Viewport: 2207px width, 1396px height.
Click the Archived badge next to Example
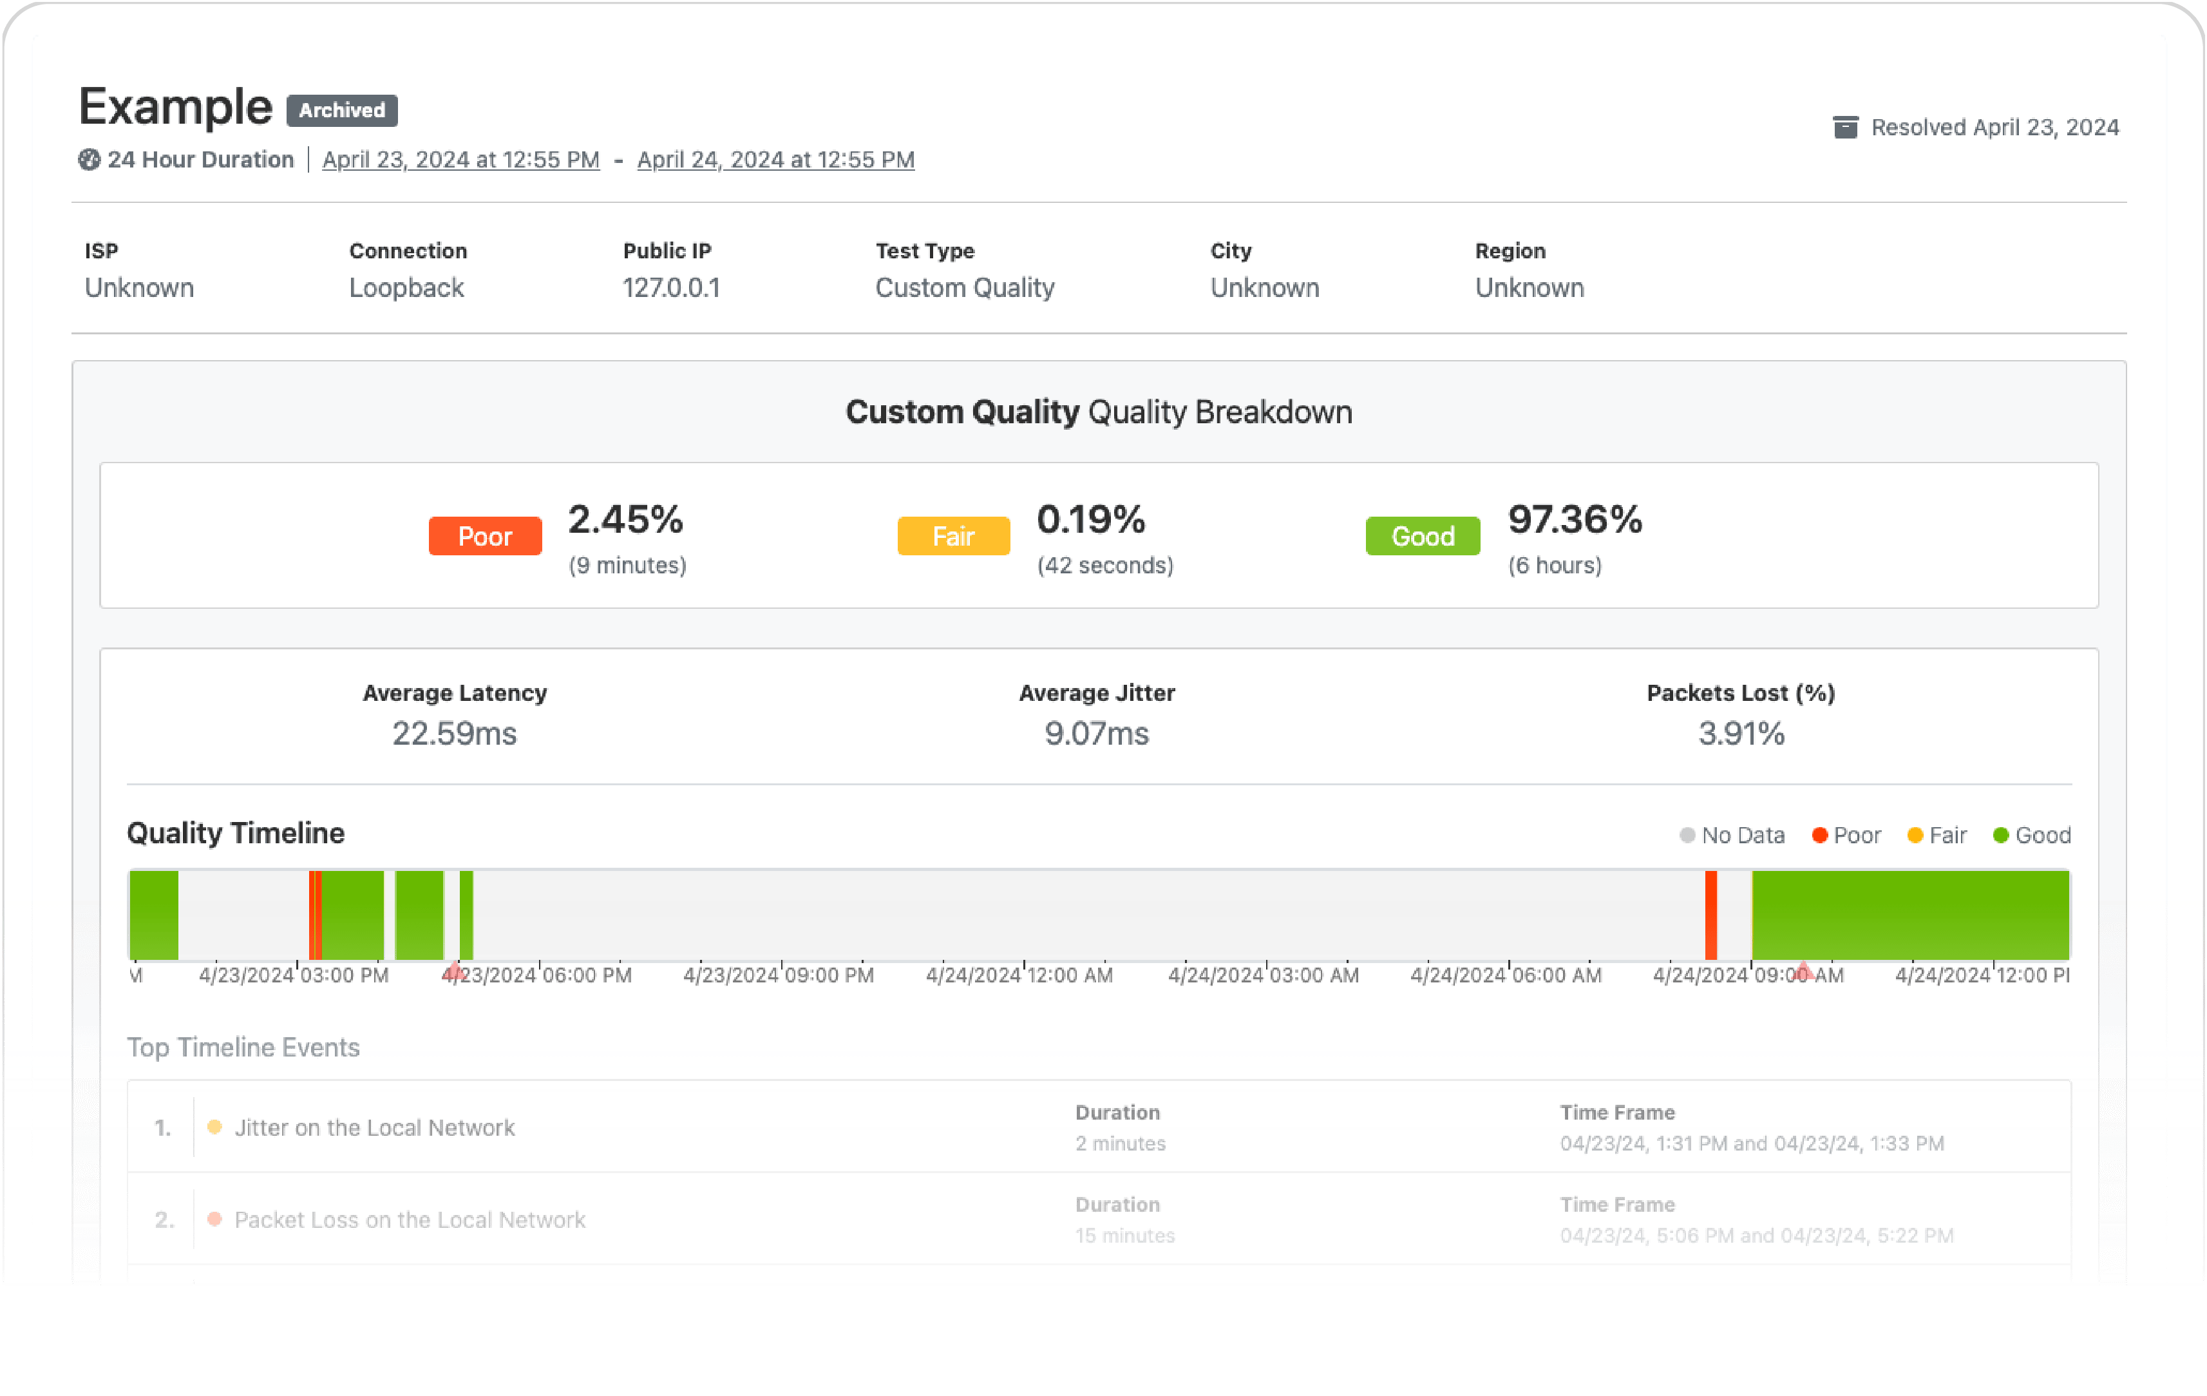tap(342, 110)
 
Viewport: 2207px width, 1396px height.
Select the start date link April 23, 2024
tap(461, 160)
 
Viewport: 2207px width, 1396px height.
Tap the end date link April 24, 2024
tap(775, 160)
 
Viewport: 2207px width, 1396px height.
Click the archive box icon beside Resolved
tap(1845, 128)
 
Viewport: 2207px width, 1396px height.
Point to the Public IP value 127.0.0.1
tap(671, 288)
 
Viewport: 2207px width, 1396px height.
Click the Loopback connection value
tap(406, 288)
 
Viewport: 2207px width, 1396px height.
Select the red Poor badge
tap(485, 536)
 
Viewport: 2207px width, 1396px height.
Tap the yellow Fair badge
tap(953, 536)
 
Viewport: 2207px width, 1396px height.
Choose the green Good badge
tap(1423, 536)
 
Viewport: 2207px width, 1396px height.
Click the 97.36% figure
tap(1575, 520)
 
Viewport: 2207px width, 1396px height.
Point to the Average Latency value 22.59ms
tap(455, 733)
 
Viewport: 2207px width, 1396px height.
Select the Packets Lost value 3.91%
tap(1741, 733)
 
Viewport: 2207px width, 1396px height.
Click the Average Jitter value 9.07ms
tap(1096, 733)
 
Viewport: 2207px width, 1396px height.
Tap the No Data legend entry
tap(1732, 835)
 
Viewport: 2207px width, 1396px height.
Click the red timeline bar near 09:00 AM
tap(1710, 915)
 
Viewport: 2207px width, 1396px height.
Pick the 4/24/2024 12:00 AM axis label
tap(1019, 975)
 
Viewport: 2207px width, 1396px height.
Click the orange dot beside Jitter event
tap(214, 1127)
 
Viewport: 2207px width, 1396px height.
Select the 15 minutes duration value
tap(1124, 1236)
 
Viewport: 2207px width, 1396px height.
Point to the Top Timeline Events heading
tap(243, 1047)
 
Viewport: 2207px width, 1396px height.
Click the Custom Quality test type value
tap(964, 288)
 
